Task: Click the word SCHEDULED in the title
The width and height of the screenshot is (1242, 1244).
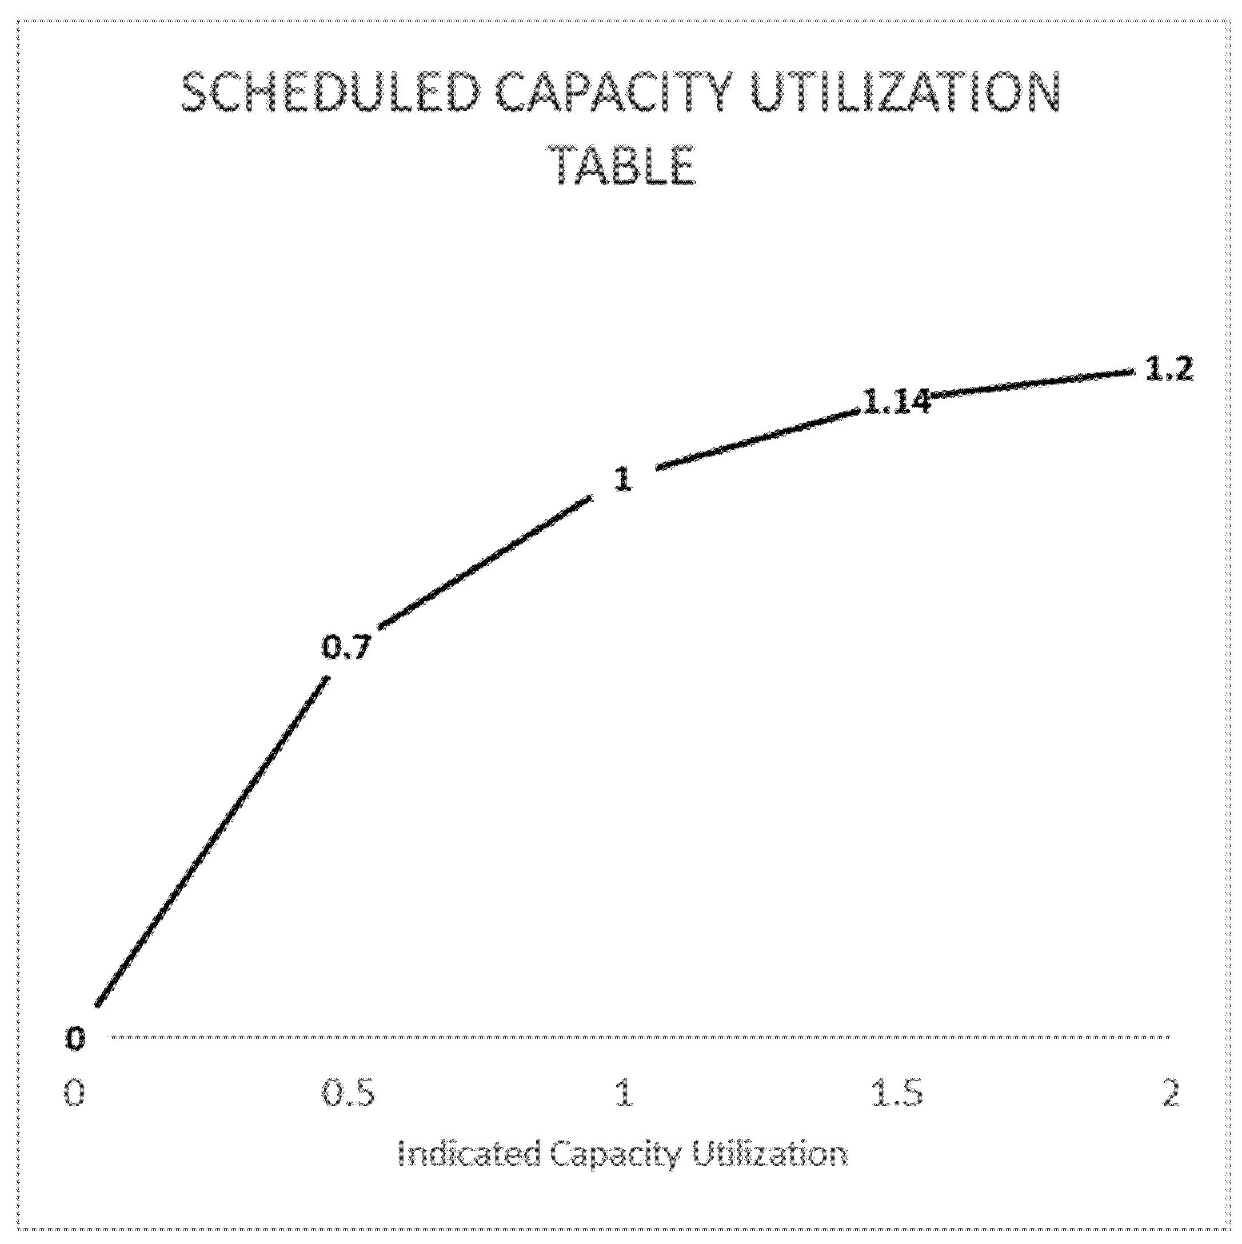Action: coord(330,95)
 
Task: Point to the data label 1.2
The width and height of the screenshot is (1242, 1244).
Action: coord(1169,370)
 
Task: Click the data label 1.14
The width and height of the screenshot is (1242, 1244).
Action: coord(896,402)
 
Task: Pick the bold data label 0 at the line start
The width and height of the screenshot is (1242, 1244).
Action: coord(75,1039)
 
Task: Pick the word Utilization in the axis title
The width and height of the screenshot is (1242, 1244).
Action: coord(770,1154)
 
